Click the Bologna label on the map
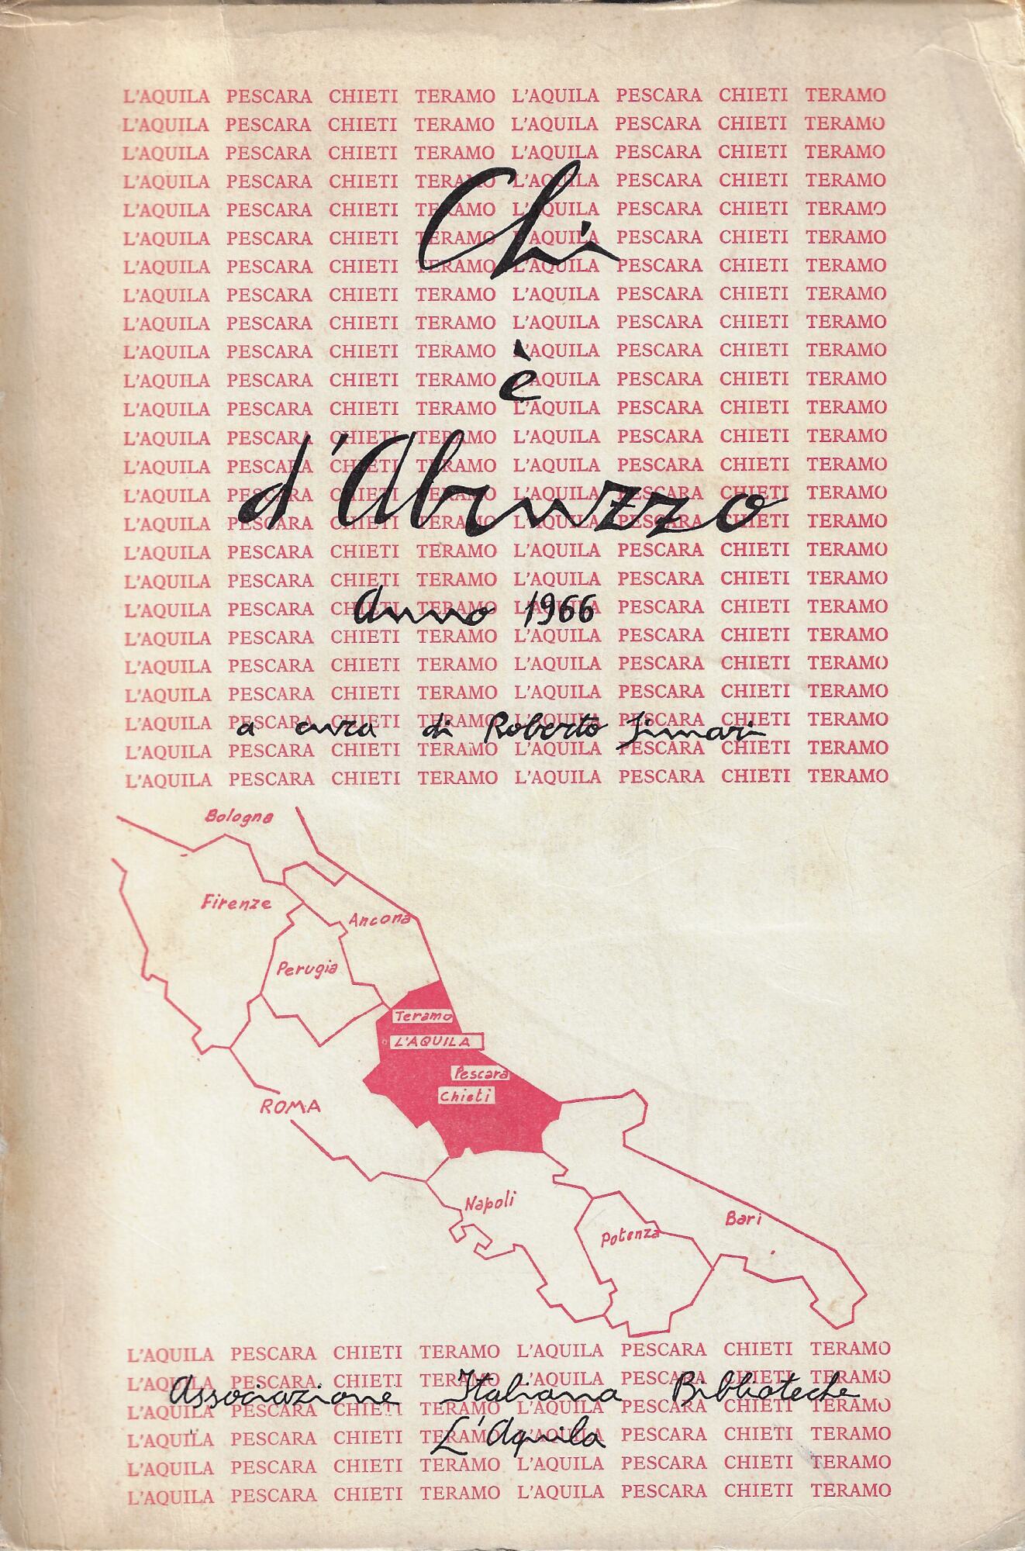click(x=239, y=817)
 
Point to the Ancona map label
click(x=378, y=921)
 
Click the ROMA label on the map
click(x=290, y=1107)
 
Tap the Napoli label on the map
click(x=489, y=1201)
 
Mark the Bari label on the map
click(x=744, y=1220)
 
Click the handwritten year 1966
click(x=558, y=612)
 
